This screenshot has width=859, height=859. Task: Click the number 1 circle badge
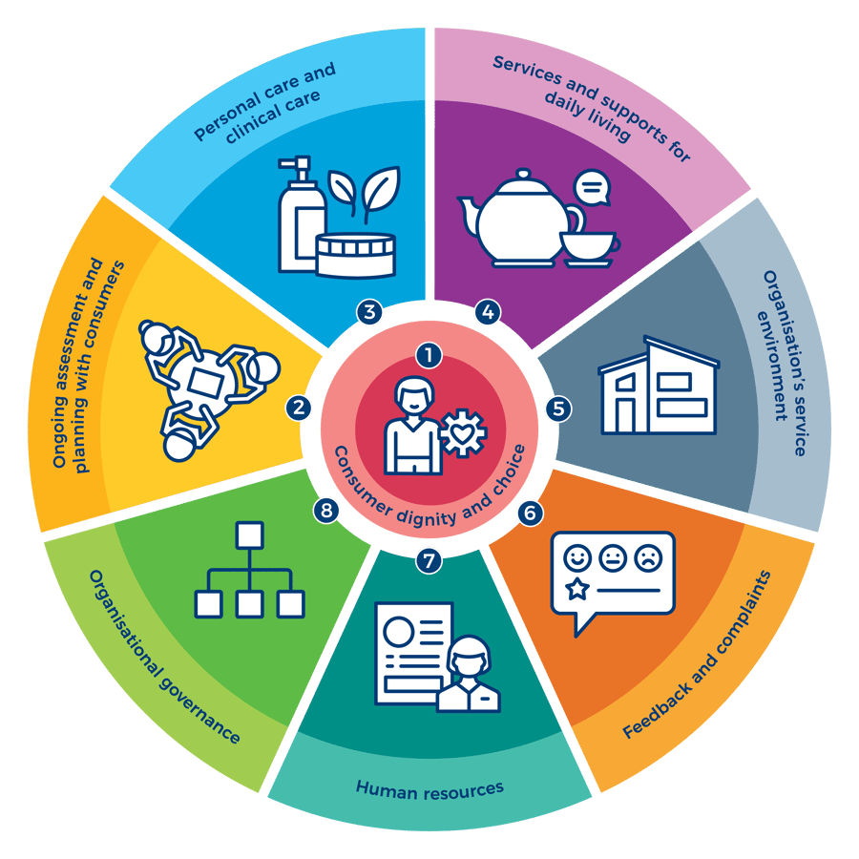[429, 356]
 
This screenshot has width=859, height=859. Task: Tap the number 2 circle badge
[299, 409]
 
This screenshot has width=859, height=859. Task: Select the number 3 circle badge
[369, 311]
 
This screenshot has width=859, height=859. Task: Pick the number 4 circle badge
[488, 311]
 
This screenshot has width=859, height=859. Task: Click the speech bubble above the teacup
[593, 189]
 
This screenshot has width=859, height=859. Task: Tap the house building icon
[658, 386]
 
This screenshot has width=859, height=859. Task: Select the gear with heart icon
[464, 433]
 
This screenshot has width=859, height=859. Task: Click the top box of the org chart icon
[249, 534]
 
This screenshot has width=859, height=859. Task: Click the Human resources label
[429, 788]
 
